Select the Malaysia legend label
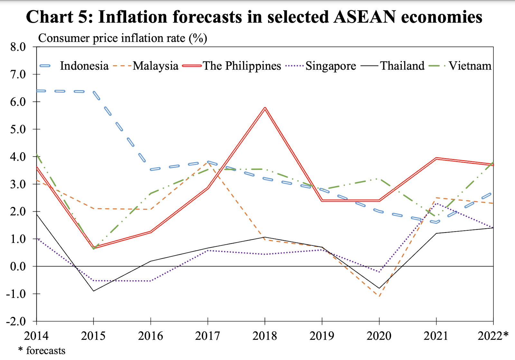(155, 66)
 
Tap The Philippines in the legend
(242, 66)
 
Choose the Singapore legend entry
(331, 66)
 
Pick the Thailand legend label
(402, 66)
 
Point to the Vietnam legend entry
(470, 66)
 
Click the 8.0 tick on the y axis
(18, 47)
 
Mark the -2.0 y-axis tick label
(16, 321)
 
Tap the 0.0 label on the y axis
(18, 266)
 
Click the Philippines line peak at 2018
(265, 108)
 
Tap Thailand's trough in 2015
(94, 291)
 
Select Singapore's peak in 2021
(436, 203)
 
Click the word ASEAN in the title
(364, 17)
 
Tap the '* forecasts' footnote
(42, 350)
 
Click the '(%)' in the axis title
(198, 38)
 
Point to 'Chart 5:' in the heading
(60, 17)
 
